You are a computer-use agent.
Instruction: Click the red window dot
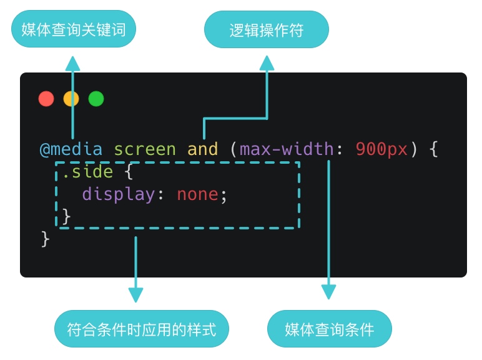[x=46, y=99]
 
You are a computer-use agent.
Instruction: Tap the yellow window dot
[x=71, y=99]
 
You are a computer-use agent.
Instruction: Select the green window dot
[x=96, y=99]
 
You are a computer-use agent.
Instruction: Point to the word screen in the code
[x=145, y=150]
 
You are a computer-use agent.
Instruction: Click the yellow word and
[x=203, y=150]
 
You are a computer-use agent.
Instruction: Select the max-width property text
[x=287, y=150]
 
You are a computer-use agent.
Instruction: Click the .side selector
[x=87, y=172]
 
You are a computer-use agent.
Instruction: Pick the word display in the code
[x=119, y=194]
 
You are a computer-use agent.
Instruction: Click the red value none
[x=197, y=194]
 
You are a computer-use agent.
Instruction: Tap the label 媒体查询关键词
[x=74, y=29]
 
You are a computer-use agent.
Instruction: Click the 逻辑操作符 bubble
[x=267, y=29]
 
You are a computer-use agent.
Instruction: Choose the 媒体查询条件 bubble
[x=329, y=329]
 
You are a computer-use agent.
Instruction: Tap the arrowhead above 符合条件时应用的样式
[x=135, y=294]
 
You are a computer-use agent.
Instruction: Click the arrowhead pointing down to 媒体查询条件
[x=328, y=292]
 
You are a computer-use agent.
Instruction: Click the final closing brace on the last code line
[x=45, y=239]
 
